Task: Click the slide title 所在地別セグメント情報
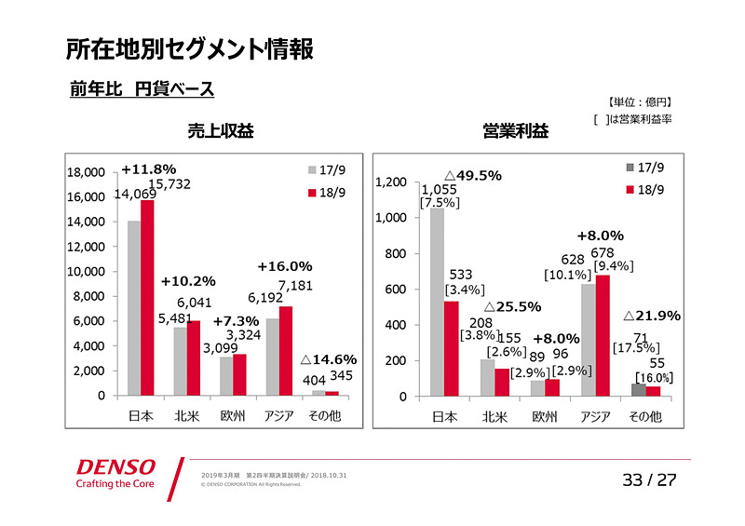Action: pyautogui.click(x=189, y=48)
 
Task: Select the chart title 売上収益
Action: pyautogui.click(x=221, y=131)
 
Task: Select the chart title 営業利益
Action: pyautogui.click(x=515, y=131)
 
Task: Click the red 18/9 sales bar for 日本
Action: pyautogui.click(x=147, y=298)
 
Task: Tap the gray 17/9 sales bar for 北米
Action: pyautogui.click(x=180, y=361)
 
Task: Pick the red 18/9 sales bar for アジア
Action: pyautogui.click(x=285, y=351)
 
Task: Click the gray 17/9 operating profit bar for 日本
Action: pyautogui.click(x=437, y=303)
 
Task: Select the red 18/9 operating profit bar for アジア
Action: pyautogui.click(x=603, y=336)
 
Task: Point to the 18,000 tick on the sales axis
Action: pyautogui.click(x=85, y=172)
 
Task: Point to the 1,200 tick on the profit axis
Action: pyautogui.click(x=391, y=182)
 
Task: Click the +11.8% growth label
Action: pyautogui.click(x=148, y=169)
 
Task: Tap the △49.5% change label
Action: pyautogui.click(x=472, y=175)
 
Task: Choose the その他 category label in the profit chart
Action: pyautogui.click(x=644, y=417)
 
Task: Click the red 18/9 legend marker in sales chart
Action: pyautogui.click(x=312, y=193)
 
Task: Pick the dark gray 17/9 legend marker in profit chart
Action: pyautogui.click(x=630, y=168)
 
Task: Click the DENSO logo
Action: pyautogui.click(x=116, y=466)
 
